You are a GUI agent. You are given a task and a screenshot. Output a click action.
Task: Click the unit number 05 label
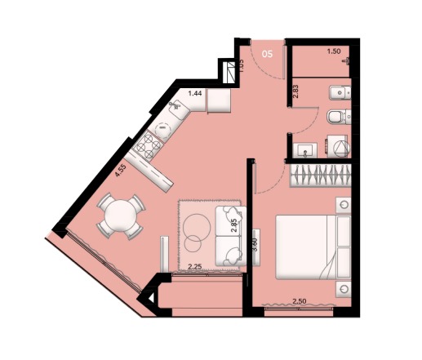(x=267, y=54)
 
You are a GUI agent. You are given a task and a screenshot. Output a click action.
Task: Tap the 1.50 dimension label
(x=334, y=51)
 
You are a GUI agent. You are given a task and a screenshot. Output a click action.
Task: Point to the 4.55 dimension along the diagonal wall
(x=120, y=171)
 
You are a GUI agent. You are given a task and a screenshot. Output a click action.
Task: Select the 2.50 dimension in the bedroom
(x=299, y=301)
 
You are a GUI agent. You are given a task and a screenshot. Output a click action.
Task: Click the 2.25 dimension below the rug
(x=195, y=266)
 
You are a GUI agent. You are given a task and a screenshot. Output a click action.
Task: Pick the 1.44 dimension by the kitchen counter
(x=195, y=93)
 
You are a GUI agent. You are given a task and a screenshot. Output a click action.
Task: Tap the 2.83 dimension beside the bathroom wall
(x=295, y=91)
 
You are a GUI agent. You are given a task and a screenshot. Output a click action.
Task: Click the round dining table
(x=120, y=216)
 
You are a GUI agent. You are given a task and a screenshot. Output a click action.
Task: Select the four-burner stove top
(x=149, y=144)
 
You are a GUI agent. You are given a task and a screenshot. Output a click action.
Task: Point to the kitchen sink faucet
(x=174, y=105)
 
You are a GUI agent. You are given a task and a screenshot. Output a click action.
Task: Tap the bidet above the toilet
(x=340, y=93)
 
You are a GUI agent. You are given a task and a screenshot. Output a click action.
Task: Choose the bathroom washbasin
(x=305, y=150)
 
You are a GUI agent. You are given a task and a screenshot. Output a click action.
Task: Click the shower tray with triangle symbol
(x=338, y=146)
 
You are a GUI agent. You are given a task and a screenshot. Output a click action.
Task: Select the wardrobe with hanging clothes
(x=320, y=176)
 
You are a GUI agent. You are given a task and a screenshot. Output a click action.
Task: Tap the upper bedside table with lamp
(x=344, y=205)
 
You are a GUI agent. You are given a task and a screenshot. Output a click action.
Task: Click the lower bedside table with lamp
(x=344, y=289)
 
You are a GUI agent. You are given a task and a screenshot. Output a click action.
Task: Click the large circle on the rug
(x=197, y=227)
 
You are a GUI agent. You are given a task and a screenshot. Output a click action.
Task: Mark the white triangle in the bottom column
(x=152, y=298)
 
